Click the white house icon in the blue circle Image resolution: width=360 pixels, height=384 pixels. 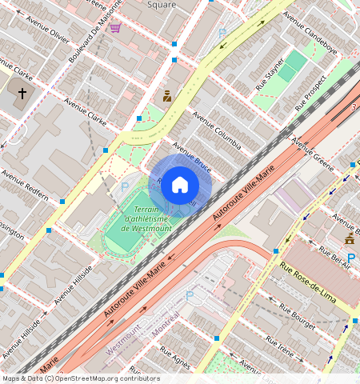click(x=180, y=185)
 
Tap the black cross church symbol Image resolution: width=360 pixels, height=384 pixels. click(x=22, y=94)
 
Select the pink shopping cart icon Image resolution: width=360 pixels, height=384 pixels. click(x=115, y=28)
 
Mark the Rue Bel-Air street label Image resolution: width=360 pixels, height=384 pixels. click(x=335, y=258)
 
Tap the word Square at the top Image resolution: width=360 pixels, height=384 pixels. click(x=162, y=4)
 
